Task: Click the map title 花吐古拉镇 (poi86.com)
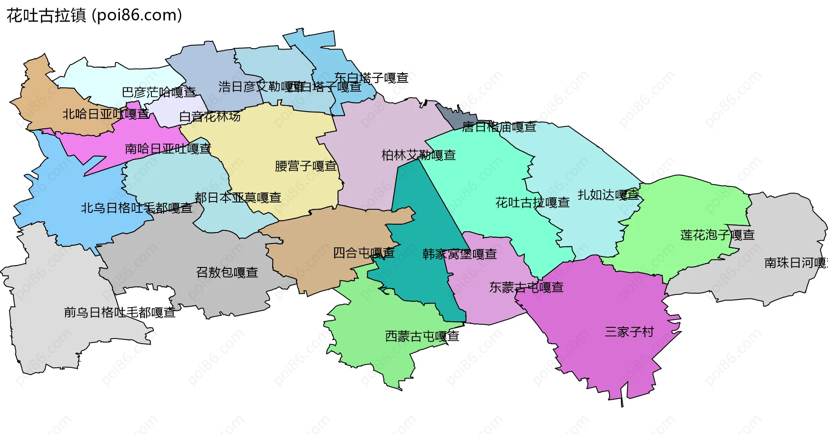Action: point(94,16)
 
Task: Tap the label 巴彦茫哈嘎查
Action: point(159,92)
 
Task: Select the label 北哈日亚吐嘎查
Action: point(106,114)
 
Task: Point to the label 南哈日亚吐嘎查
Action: point(168,149)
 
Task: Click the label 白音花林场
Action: point(210,116)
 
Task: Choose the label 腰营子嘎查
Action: point(306,166)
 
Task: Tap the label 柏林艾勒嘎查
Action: point(418,155)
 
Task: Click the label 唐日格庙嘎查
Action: point(499,127)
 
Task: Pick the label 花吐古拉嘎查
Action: point(532,202)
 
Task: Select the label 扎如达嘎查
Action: point(608,195)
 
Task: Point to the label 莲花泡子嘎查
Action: point(717,235)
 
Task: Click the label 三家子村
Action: point(629,332)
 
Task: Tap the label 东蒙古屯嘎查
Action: point(526,287)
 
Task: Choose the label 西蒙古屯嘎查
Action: point(422,336)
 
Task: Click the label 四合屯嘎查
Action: point(364,253)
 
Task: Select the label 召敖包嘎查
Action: point(227,272)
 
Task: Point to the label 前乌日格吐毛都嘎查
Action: point(119,312)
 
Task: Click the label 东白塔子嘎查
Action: point(371,78)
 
